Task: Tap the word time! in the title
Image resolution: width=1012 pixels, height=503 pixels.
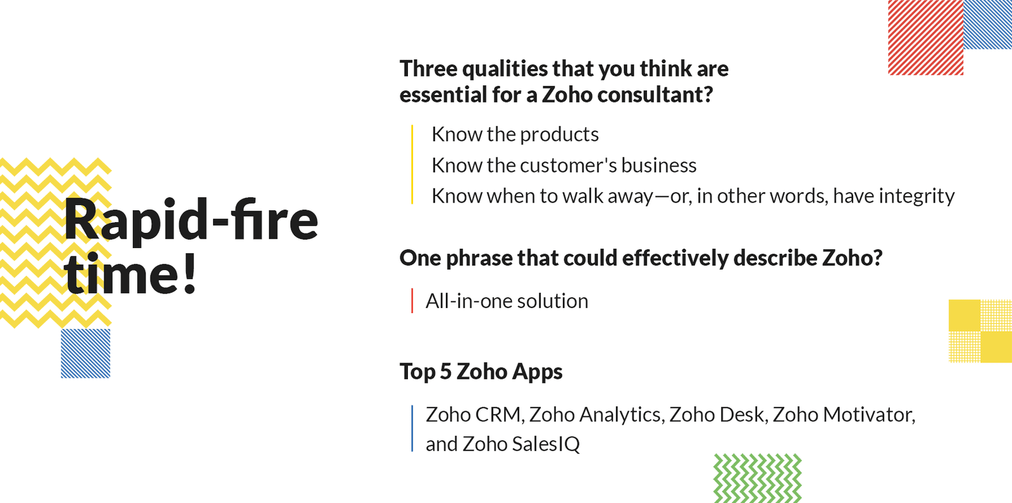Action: click(x=131, y=273)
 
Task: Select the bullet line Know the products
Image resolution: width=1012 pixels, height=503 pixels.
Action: click(x=515, y=134)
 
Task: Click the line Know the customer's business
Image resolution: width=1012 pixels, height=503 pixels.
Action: click(x=564, y=165)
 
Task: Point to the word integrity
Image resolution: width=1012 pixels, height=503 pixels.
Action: click(x=916, y=197)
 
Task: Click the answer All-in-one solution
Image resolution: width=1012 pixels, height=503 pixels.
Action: click(x=507, y=301)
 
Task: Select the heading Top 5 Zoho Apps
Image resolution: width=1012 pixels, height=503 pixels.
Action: click(x=481, y=371)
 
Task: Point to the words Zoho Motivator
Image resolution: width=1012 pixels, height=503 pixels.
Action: click(x=841, y=415)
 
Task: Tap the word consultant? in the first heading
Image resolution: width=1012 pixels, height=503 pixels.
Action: click(x=655, y=95)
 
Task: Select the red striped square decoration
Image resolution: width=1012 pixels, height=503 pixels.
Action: click(x=926, y=37)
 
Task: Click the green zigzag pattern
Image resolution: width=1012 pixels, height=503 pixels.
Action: click(x=758, y=478)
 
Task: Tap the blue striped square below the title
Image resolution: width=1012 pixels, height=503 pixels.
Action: click(x=85, y=354)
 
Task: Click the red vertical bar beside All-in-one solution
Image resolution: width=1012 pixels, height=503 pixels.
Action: click(x=412, y=301)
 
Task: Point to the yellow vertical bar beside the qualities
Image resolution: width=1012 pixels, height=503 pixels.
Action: click(x=412, y=165)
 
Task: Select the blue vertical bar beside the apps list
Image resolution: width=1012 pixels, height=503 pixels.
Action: click(x=412, y=428)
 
